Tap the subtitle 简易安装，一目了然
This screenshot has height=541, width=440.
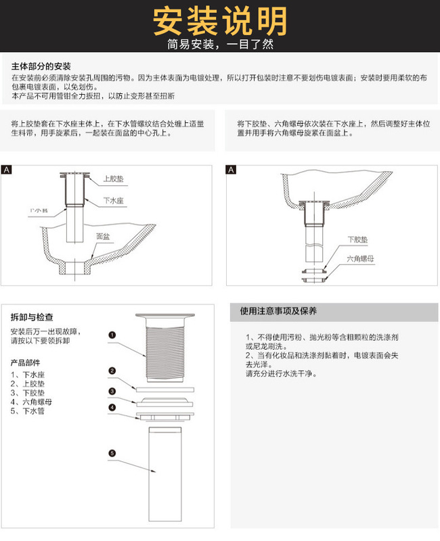tap(220, 45)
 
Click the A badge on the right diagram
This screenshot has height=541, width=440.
tap(232, 169)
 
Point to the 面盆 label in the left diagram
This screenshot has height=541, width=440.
tap(103, 236)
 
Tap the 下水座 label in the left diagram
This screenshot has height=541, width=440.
tap(112, 201)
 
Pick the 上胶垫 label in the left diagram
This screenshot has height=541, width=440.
tap(112, 179)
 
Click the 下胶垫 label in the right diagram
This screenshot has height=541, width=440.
tap(357, 239)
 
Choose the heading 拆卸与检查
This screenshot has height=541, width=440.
tap(32, 316)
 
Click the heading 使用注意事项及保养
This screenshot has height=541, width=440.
tap(279, 312)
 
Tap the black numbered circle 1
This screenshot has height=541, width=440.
tap(112, 334)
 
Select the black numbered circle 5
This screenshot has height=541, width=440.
tap(112, 452)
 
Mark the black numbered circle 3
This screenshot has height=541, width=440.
tap(112, 391)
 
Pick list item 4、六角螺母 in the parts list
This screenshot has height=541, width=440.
tap(31, 402)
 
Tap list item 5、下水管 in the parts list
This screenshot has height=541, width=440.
tap(28, 411)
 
